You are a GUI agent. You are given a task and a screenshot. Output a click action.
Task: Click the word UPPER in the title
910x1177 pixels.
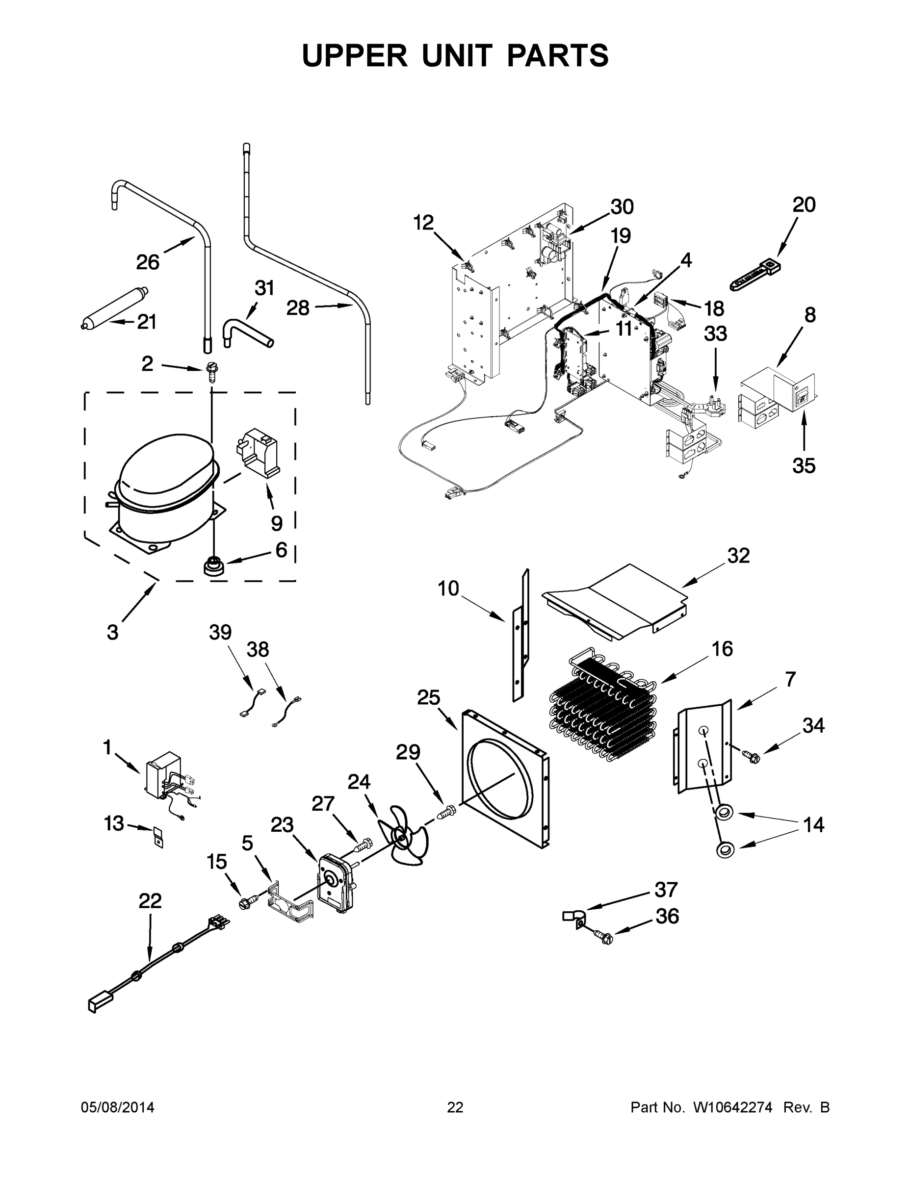tap(355, 55)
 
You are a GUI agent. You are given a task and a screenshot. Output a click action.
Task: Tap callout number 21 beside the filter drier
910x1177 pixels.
tap(146, 322)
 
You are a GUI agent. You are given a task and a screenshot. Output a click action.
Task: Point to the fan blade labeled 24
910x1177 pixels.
tap(404, 835)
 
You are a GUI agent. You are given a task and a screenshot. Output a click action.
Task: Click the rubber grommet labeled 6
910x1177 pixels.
tap(213, 566)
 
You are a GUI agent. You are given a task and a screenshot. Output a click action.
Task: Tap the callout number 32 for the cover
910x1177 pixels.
tap(738, 556)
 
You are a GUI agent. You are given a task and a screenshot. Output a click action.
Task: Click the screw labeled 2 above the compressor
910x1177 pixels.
tap(211, 371)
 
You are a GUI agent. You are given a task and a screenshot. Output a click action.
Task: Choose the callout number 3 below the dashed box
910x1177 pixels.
tap(113, 632)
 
